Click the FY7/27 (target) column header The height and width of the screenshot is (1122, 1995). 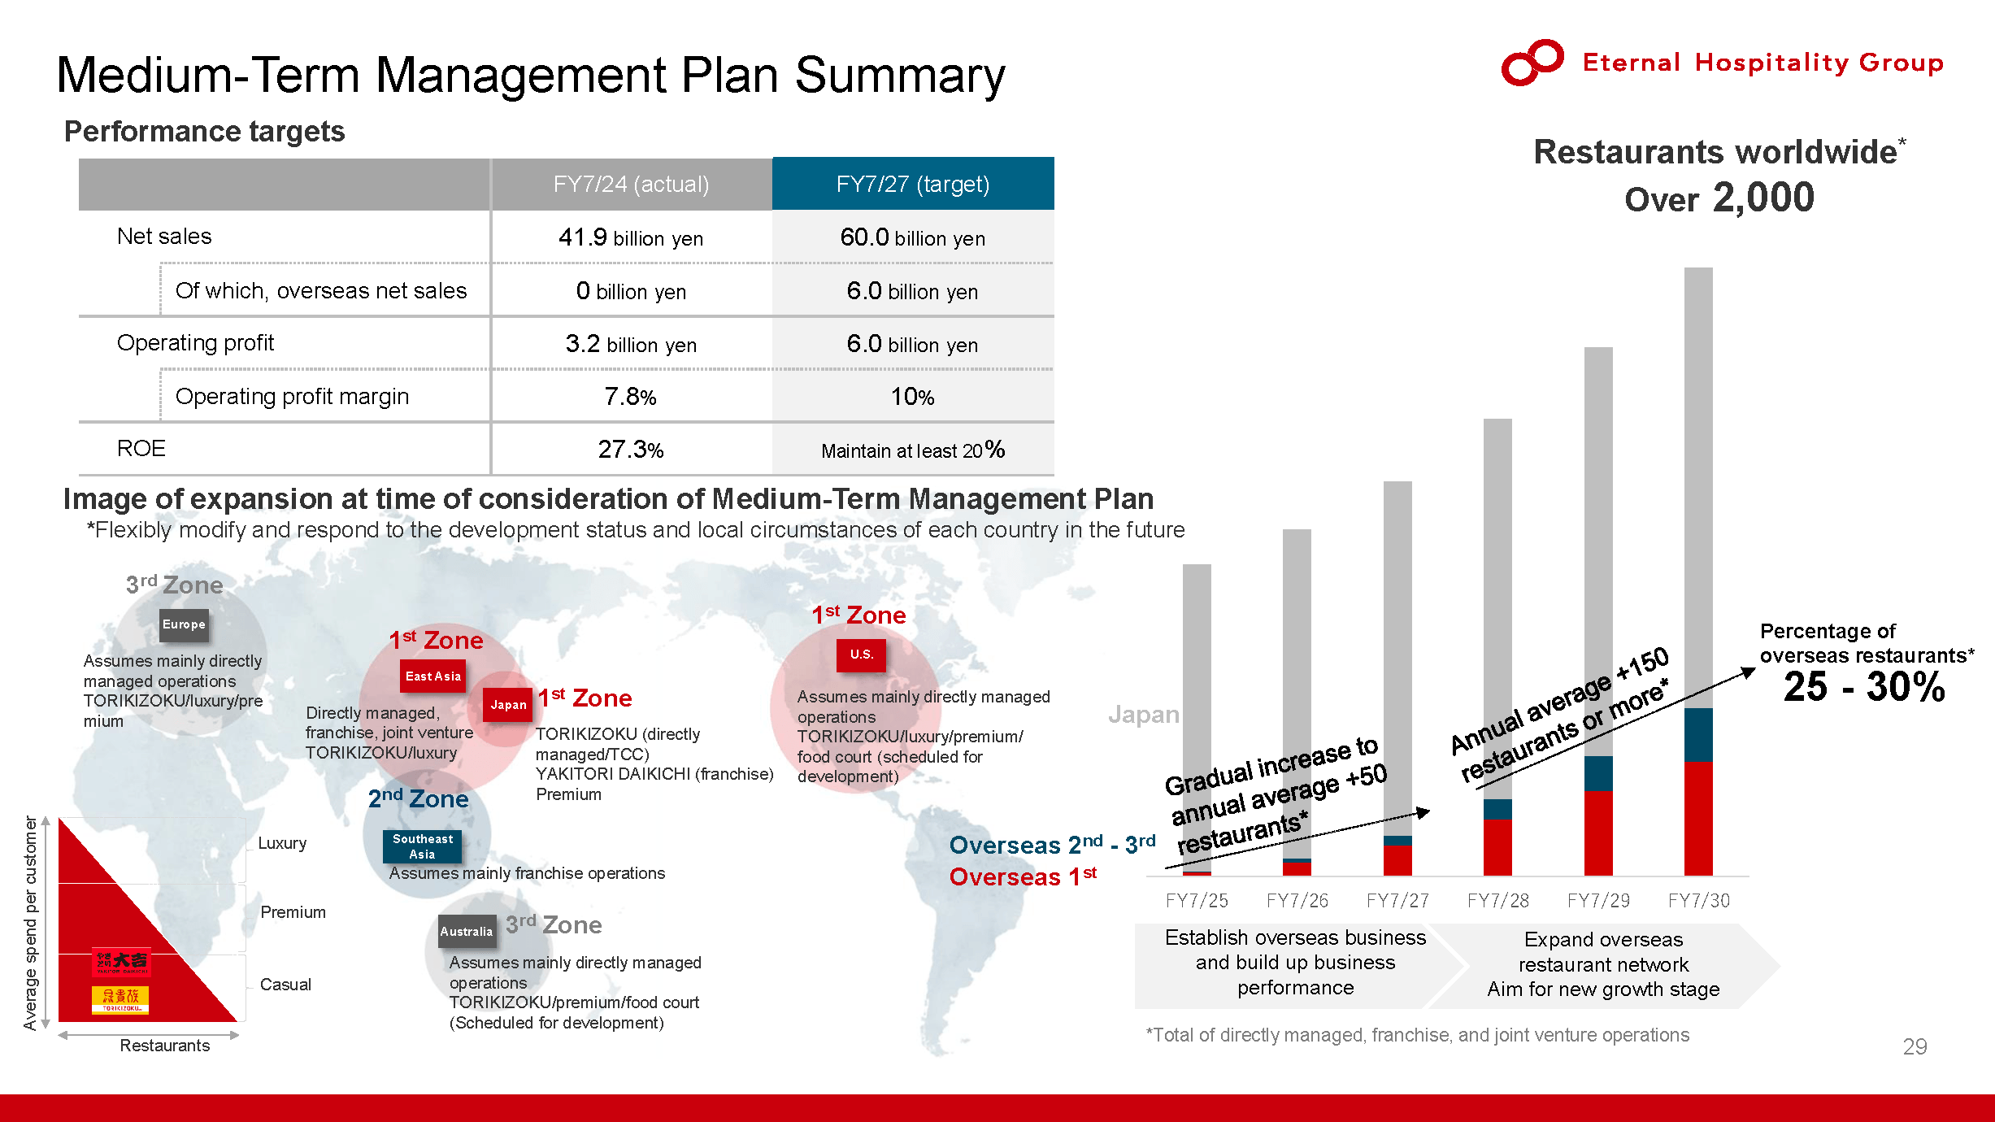click(913, 184)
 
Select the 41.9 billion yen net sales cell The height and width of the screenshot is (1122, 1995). click(631, 237)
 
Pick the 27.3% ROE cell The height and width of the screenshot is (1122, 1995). click(631, 449)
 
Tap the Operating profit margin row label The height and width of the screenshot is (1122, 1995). click(292, 397)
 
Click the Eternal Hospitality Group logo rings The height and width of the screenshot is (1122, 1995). click(1532, 62)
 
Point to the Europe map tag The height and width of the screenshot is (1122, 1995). click(184, 624)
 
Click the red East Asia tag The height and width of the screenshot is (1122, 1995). click(432, 676)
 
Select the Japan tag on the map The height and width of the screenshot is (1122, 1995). click(508, 705)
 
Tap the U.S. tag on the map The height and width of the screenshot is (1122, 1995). click(862, 654)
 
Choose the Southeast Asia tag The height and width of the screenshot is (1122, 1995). click(422, 846)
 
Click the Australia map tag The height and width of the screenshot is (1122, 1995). click(467, 932)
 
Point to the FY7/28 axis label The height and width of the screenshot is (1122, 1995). click(1497, 901)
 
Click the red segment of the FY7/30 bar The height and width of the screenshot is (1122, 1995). click(1698, 819)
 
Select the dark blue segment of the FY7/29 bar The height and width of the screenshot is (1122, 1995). click(1598, 774)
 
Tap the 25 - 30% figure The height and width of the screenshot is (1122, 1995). click(1864, 687)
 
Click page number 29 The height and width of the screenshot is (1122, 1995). click(1915, 1046)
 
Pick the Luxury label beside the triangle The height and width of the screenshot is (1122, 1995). click(282, 843)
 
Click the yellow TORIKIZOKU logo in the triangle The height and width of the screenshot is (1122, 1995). click(120, 999)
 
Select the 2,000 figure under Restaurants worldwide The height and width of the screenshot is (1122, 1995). click(1763, 198)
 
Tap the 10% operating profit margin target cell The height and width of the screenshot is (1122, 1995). click(913, 397)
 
